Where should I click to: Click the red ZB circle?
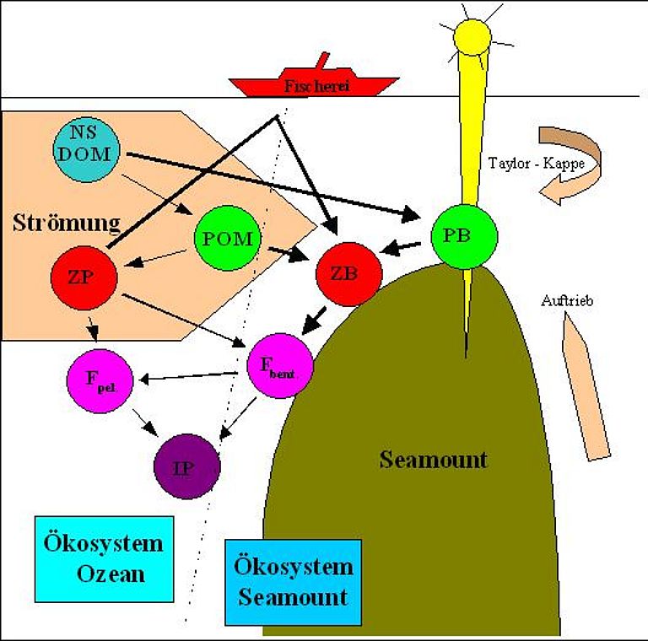click(x=348, y=274)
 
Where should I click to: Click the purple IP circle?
click(x=186, y=466)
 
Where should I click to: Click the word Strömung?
click(x=67, y=223)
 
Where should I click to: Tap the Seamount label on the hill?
click(x=433, y=460)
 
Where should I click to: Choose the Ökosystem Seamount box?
click(x=293, y=582)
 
